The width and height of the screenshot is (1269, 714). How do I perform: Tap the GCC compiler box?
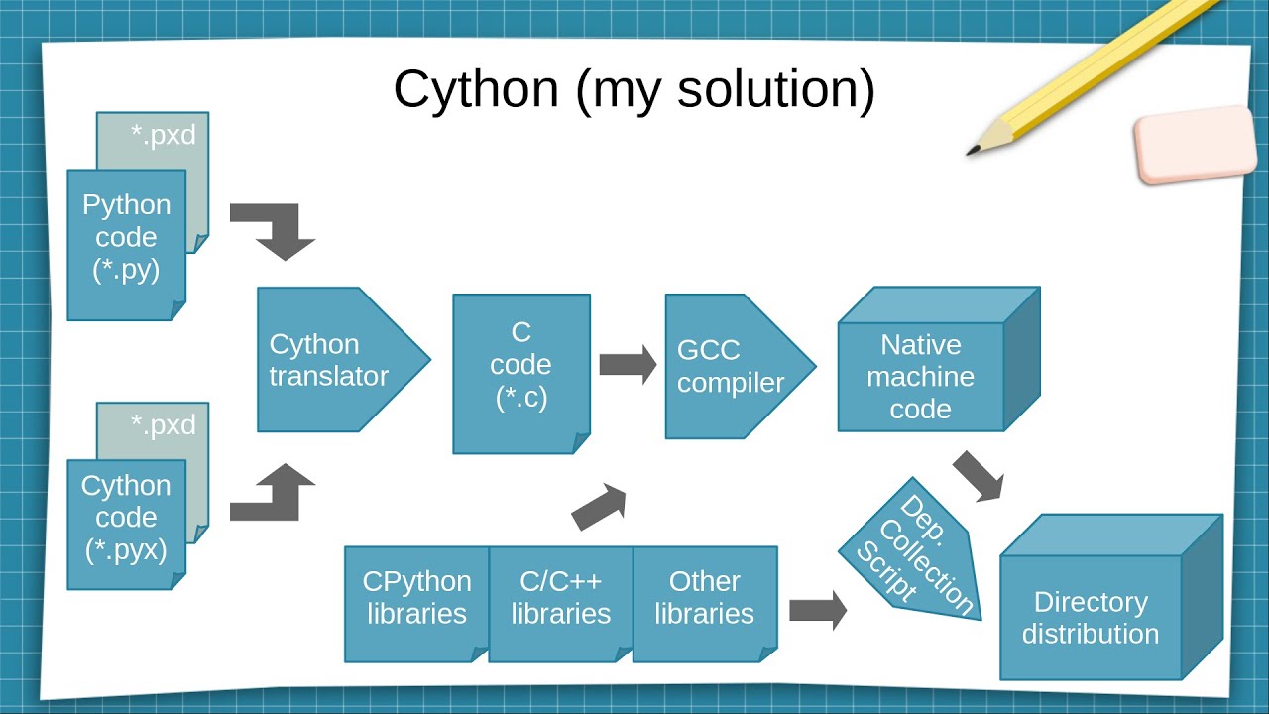click(x=729, y=367)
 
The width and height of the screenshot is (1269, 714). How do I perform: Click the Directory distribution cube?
click(x=1091, y=617)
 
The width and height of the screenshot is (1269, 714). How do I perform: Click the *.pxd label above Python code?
click(x=164, y=136)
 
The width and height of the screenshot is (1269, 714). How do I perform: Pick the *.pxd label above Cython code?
click(x=164, y=425)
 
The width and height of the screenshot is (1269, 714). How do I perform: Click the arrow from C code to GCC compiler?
click(x=628, y=365)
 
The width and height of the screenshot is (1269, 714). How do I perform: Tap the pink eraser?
click(x=1195, y=145)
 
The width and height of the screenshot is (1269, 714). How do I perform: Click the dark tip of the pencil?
click(x=973, y=152)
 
